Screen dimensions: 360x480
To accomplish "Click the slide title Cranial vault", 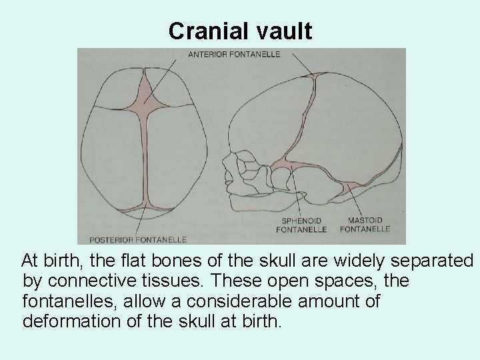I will (x=240, y=31).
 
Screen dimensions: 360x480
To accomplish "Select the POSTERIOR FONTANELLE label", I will (x=133, y=239).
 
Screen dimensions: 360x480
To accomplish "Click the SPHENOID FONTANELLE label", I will (x=302, y=225).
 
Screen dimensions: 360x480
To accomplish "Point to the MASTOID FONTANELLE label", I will (x=365, y=225).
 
